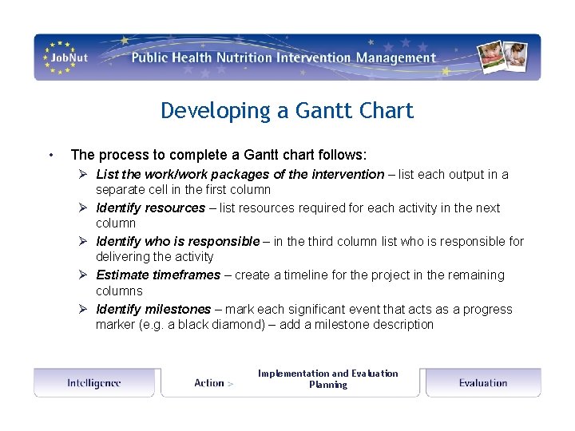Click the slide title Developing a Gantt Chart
coord(287,110)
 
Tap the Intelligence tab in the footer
coord(93,383)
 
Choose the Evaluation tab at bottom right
coord(482,383)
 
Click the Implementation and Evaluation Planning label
coord(327,378)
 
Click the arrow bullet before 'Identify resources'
coord(83,208)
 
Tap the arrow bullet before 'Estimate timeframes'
coord(83,275)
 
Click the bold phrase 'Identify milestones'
coord(153,310)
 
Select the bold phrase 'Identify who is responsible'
coord(177,242)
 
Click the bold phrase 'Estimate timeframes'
coord(157,275)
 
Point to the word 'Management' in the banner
coord(396,57)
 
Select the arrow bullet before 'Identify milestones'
coord(83,310)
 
